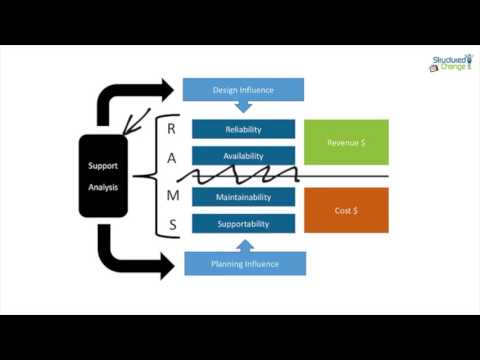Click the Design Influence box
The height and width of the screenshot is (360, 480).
pos(243,90)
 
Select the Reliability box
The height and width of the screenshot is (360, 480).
pos(243,129)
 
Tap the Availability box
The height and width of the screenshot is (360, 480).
pos(243,155)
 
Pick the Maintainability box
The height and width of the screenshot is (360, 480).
pos(243,197)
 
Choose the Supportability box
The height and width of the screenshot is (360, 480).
pos(243,224)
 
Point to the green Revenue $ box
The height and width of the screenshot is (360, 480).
pos(346,142)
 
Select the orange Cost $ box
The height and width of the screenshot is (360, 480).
pos(346,209)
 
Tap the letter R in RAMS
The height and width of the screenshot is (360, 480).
pos(171,129)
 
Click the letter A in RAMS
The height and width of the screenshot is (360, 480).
pos(171,159)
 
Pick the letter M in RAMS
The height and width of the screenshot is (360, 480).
pos(171,196)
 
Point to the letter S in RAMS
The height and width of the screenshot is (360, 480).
pos(171,225)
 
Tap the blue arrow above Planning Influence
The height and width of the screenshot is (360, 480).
pos(243,243)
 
